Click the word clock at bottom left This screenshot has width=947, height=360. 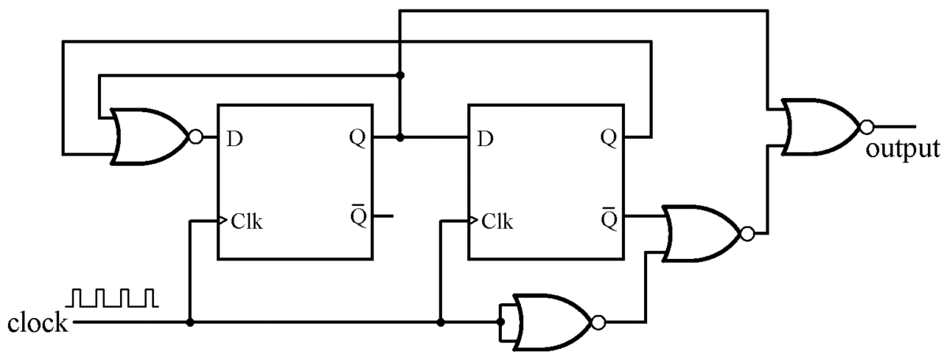pyautogui.click(x=37, y=324)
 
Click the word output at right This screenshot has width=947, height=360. pyautogui.click(x=902, y=149)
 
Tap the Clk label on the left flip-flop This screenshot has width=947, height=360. pyautogui.click(x=247, y=221)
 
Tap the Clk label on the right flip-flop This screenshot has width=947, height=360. pyautogui.click(x=498, y=221)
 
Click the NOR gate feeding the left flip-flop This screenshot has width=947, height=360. pyautogui.click(x=148, y=137)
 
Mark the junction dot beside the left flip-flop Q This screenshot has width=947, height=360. pyautogui.click(x=400, y=137)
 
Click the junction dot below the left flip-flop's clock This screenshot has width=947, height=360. pyautogui.click(x=190, y=322)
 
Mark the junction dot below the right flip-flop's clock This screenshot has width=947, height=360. pyautogui.click(x=440, y=322)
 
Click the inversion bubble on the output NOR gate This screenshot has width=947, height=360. pyautogui.click(x=867, y=126)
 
